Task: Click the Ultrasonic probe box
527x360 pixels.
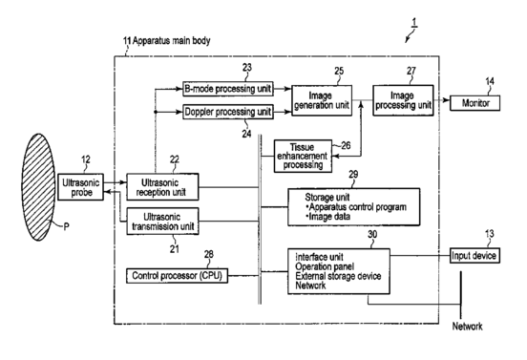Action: pos(80,187)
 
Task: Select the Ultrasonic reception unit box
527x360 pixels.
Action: pos(162,187)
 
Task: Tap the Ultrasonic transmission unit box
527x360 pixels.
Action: pos(162,222)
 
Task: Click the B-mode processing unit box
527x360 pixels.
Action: pos(228,89)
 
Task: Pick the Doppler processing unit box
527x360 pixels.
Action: pos(228,112)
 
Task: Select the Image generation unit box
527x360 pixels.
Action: pos(322,100)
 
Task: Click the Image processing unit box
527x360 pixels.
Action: pos(403,100)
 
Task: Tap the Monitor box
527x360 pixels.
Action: pos(474,103)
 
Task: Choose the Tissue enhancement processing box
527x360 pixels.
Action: pos(303,156)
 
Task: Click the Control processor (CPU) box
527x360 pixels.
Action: pos(177,276)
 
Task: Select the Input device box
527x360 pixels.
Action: pos(474,256)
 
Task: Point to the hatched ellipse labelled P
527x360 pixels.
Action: pos(38,187)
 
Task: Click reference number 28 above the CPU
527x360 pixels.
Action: pos(209,254)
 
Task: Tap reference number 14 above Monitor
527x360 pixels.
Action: pos(490,81)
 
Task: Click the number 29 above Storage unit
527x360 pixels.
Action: pos(353,175)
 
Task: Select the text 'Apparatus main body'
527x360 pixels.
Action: pos(172,41)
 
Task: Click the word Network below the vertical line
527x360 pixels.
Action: pos(467,326)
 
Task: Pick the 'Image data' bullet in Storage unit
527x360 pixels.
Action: pos(328,217)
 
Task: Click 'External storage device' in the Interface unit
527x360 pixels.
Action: pos(338,276)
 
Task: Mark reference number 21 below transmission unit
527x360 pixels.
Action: pos(174,249)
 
